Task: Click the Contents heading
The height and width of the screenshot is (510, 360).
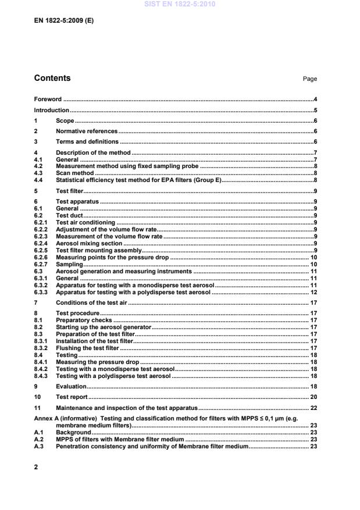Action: pyautogui.click(x=52, y=79)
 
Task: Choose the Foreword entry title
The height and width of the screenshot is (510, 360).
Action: pyautogui.click(x=48, y=99)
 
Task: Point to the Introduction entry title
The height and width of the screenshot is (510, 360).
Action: pyautogui.click(x=52, y=110)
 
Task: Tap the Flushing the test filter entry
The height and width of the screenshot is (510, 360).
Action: pyautogui.click(x=87, y=348)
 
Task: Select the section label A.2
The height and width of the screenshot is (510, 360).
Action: pyautogui.click(x=39, y=440)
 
